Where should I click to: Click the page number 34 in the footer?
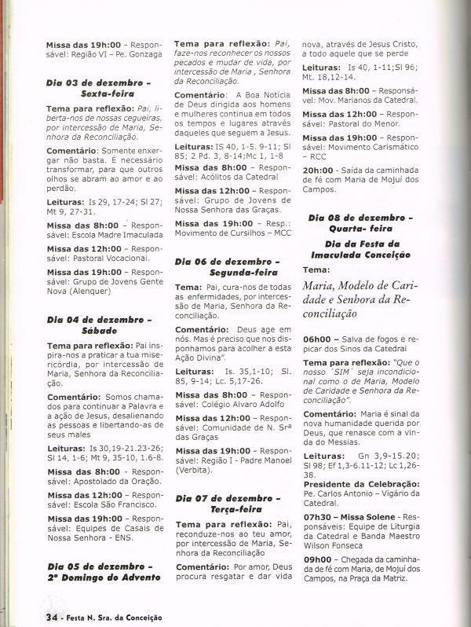point(53,617)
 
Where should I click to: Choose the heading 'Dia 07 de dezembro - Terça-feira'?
point(227,504)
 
